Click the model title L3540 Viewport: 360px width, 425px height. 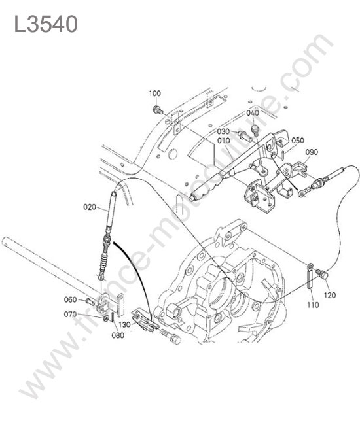click(46, 24)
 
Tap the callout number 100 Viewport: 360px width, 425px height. click(155, 93)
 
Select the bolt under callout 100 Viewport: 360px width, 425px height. click(157, 110)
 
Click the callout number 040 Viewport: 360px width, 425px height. click(253, 112)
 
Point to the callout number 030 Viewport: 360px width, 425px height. click(223, 131)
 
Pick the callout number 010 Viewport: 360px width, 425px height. click(224, 141)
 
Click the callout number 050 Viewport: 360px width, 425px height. click(298, 141)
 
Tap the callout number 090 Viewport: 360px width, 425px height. click(312, 152)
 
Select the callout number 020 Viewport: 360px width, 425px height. click(90, 207)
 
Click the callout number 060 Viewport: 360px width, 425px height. click(70, 299)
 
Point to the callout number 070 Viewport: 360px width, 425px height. click(70, 314)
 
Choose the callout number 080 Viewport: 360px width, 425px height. click(118, 335)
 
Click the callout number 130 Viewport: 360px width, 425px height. click(124, 324)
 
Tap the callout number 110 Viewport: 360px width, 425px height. click(313, 305)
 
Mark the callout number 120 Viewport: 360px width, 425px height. click(330, 295)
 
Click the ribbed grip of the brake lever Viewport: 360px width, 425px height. click(208, 187)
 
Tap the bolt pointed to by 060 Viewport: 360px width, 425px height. click(90, 301)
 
